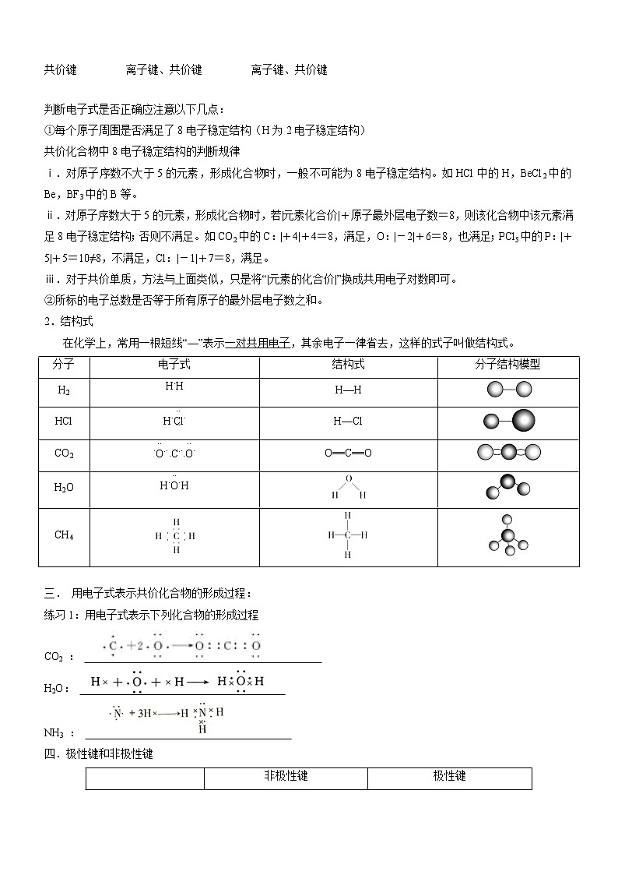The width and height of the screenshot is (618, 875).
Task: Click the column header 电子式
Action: [x=174, y=365]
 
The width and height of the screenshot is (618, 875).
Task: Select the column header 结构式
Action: [x=348, y=365]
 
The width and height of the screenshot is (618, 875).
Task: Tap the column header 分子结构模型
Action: [x=507, y=365]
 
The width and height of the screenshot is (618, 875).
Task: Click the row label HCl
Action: [x=63, y=421]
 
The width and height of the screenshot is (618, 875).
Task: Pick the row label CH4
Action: [x=64, y=535]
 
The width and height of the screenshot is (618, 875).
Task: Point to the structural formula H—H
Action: [x=348, y=390]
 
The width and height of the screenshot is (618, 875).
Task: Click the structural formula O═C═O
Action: [x=348, y=453]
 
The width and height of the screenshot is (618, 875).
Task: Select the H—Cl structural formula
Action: [x=348, y=422]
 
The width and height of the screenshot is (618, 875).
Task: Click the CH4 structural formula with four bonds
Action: [x=347, y=535]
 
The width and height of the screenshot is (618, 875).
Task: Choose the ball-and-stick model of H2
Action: [x=508, y=390]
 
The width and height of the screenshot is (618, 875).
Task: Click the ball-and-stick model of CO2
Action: [x=508, y=452]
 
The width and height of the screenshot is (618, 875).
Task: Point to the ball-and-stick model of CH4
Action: [x=508, y=536]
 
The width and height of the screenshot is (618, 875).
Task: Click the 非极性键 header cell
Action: [x=286, y=777]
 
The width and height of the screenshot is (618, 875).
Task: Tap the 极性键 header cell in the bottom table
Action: [x=449, y=777]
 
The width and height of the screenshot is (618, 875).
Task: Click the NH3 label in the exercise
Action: [x=56, y=733]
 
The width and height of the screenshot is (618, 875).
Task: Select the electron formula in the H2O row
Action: [x=174, y=485]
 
